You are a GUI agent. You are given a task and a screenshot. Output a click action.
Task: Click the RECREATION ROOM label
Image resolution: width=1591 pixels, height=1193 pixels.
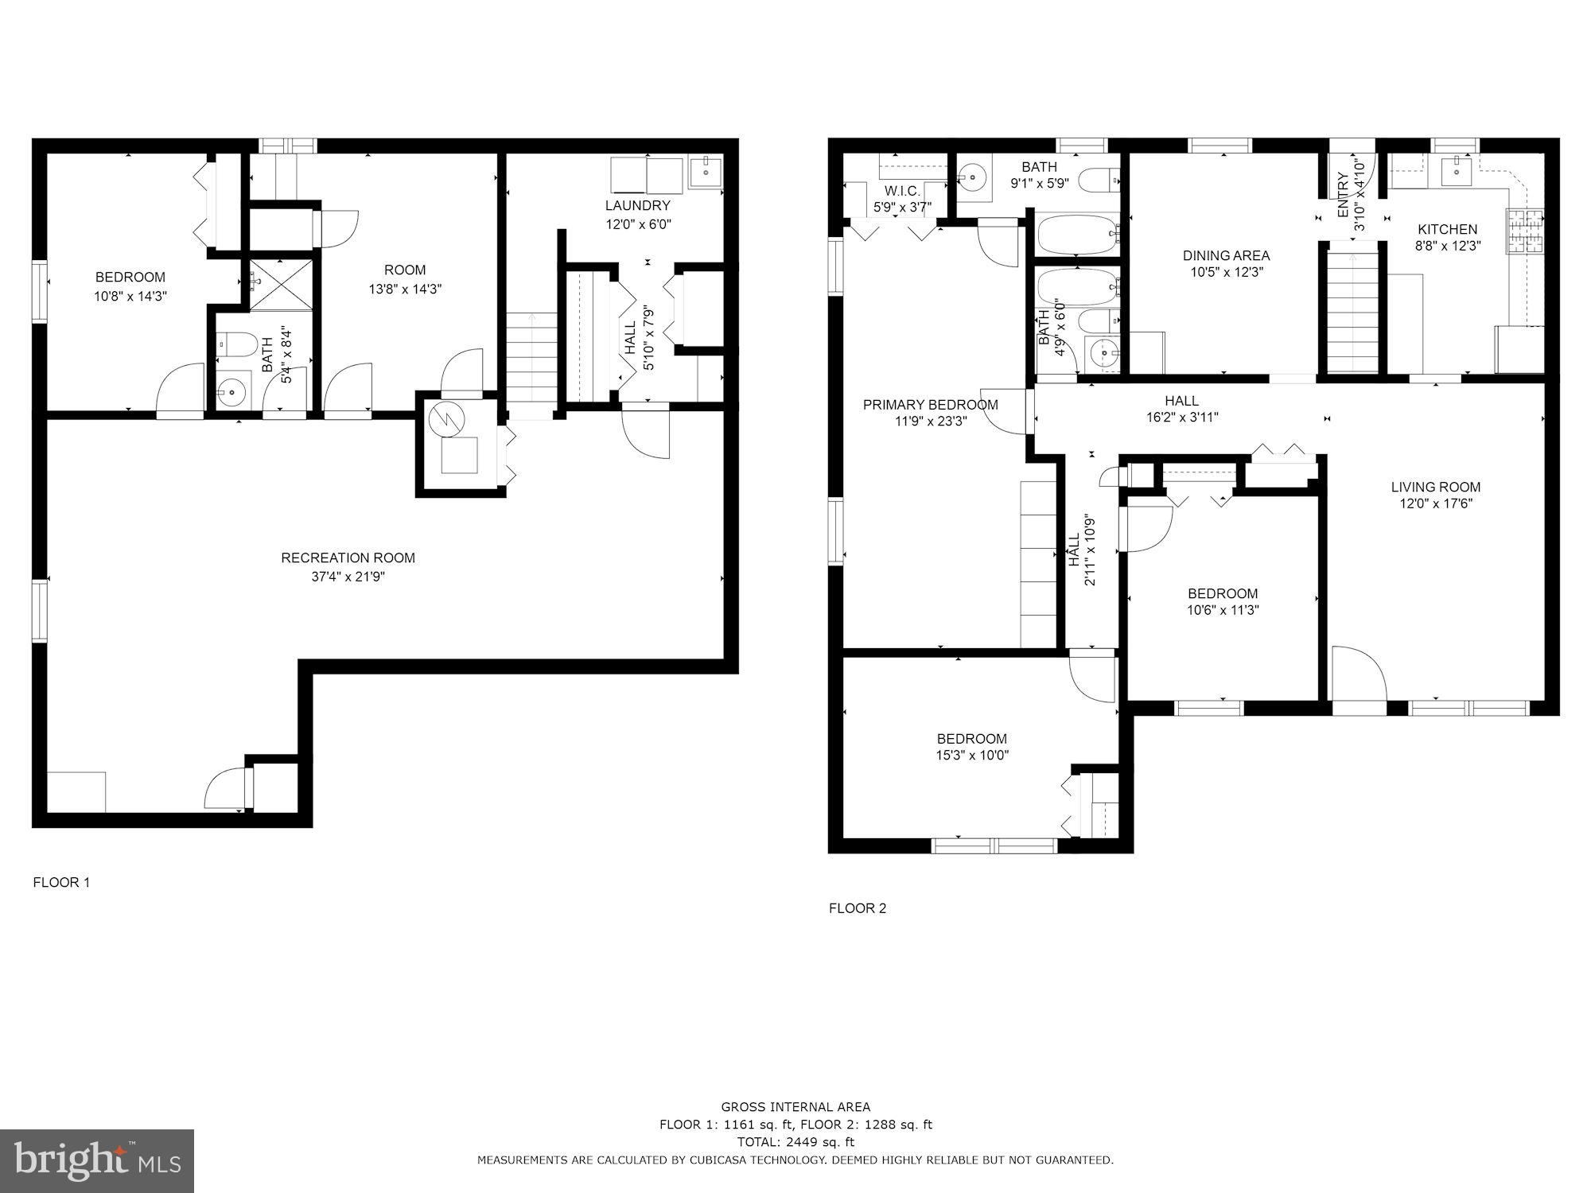click(348, 558)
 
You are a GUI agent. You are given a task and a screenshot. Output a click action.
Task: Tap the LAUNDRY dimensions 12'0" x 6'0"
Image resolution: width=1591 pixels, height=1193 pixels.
click(638, 224)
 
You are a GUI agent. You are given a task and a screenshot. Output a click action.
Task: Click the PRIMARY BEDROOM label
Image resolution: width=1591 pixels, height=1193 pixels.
click(930, 405)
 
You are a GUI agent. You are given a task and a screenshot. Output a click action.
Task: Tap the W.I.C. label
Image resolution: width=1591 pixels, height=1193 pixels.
click(901, 192)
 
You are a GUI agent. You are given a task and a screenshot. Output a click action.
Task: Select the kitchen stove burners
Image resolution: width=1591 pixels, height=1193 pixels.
click(1524, 231)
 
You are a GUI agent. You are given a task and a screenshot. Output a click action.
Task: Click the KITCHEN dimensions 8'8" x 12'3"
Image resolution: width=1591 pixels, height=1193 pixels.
click(1447, 246)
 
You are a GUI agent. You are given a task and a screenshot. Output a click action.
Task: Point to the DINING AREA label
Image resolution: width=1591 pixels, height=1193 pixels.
click(1226, 255)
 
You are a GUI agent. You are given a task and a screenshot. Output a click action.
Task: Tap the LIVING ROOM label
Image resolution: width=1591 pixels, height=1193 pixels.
click(1435, 487)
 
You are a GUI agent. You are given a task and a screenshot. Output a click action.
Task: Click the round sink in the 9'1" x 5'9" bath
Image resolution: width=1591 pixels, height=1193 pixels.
click(971, 177)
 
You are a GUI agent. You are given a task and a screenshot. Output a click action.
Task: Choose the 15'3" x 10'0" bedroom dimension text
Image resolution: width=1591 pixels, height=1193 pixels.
click(971, 756)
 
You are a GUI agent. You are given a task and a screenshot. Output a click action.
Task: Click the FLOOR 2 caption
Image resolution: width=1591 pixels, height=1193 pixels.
click(857, 908)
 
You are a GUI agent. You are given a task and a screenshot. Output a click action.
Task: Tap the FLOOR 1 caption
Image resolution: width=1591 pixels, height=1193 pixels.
click(61, 882)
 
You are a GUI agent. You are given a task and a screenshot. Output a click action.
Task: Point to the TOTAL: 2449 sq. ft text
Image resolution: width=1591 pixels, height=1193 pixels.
click(795, 1142)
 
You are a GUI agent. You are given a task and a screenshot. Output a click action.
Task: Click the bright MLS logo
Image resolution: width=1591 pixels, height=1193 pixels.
click(97, 1161)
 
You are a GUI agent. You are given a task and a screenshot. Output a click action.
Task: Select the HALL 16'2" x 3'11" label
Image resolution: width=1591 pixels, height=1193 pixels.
click(1181, 409)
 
